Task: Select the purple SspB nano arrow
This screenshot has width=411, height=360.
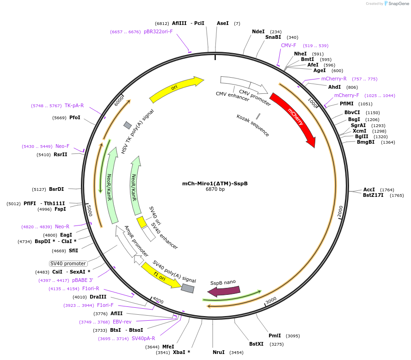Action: (224, 291)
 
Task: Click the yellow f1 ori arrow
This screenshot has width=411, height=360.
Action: (161, 275)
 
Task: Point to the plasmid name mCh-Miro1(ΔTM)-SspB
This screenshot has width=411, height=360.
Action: (215, 183)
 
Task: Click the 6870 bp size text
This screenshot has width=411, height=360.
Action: (215, 189)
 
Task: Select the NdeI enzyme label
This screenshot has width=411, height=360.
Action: (258, 31)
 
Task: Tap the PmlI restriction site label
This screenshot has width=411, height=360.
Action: (275, 336)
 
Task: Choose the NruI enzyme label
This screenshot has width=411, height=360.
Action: (219, 352)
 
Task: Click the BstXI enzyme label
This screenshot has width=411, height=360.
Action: (256, 344)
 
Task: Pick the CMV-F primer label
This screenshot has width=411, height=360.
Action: (288, 46)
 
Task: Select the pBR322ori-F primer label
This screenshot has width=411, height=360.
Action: (158, 31)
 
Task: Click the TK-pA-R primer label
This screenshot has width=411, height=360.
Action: (74, 105)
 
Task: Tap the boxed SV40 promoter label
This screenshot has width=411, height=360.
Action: (68, 263)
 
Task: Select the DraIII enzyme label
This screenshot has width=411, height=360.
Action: (98, 297)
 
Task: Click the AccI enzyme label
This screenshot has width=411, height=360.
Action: (369, 189)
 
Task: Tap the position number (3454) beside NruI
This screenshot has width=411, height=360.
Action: (236, 353)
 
